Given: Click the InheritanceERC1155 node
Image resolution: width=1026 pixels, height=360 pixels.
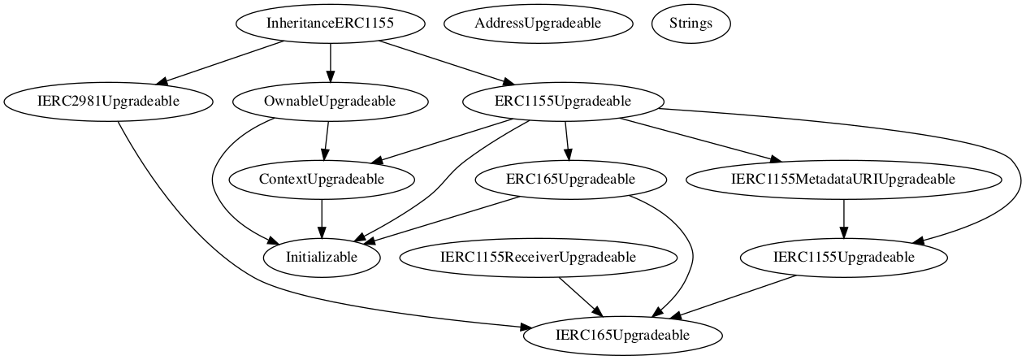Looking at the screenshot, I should [x=330, y=24].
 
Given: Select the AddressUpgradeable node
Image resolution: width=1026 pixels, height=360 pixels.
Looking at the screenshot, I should [x=538, y=24].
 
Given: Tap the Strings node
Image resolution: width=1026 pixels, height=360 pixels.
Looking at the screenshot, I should [x=691, y=24].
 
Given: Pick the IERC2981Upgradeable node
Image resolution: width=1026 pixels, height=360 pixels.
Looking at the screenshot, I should [x=108, y=102].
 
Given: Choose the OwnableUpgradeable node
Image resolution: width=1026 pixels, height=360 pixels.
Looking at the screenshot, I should [x=330, y=102].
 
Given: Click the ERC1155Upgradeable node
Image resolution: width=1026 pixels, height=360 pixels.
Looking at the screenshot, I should [x=563, y=102].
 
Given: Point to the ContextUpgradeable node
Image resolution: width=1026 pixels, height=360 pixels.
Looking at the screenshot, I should [x=323, y=179].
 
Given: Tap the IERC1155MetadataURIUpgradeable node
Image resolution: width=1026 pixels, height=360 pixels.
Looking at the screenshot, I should [x=844, y=179].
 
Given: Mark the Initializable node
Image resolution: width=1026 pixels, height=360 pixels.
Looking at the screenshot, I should [x=323, y=257].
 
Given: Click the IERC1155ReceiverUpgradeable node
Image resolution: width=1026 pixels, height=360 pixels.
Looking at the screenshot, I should [x=538, y=257].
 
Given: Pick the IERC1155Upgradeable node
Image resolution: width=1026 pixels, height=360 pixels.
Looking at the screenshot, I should [x=844, y=257].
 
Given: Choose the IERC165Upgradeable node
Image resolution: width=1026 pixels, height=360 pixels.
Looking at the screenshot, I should [x=622, y=335].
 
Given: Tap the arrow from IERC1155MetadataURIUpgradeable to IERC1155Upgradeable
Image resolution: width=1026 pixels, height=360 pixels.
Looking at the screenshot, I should [x=844, y=218].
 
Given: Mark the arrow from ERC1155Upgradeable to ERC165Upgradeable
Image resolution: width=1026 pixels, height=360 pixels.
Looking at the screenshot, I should [x=566, y=140].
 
